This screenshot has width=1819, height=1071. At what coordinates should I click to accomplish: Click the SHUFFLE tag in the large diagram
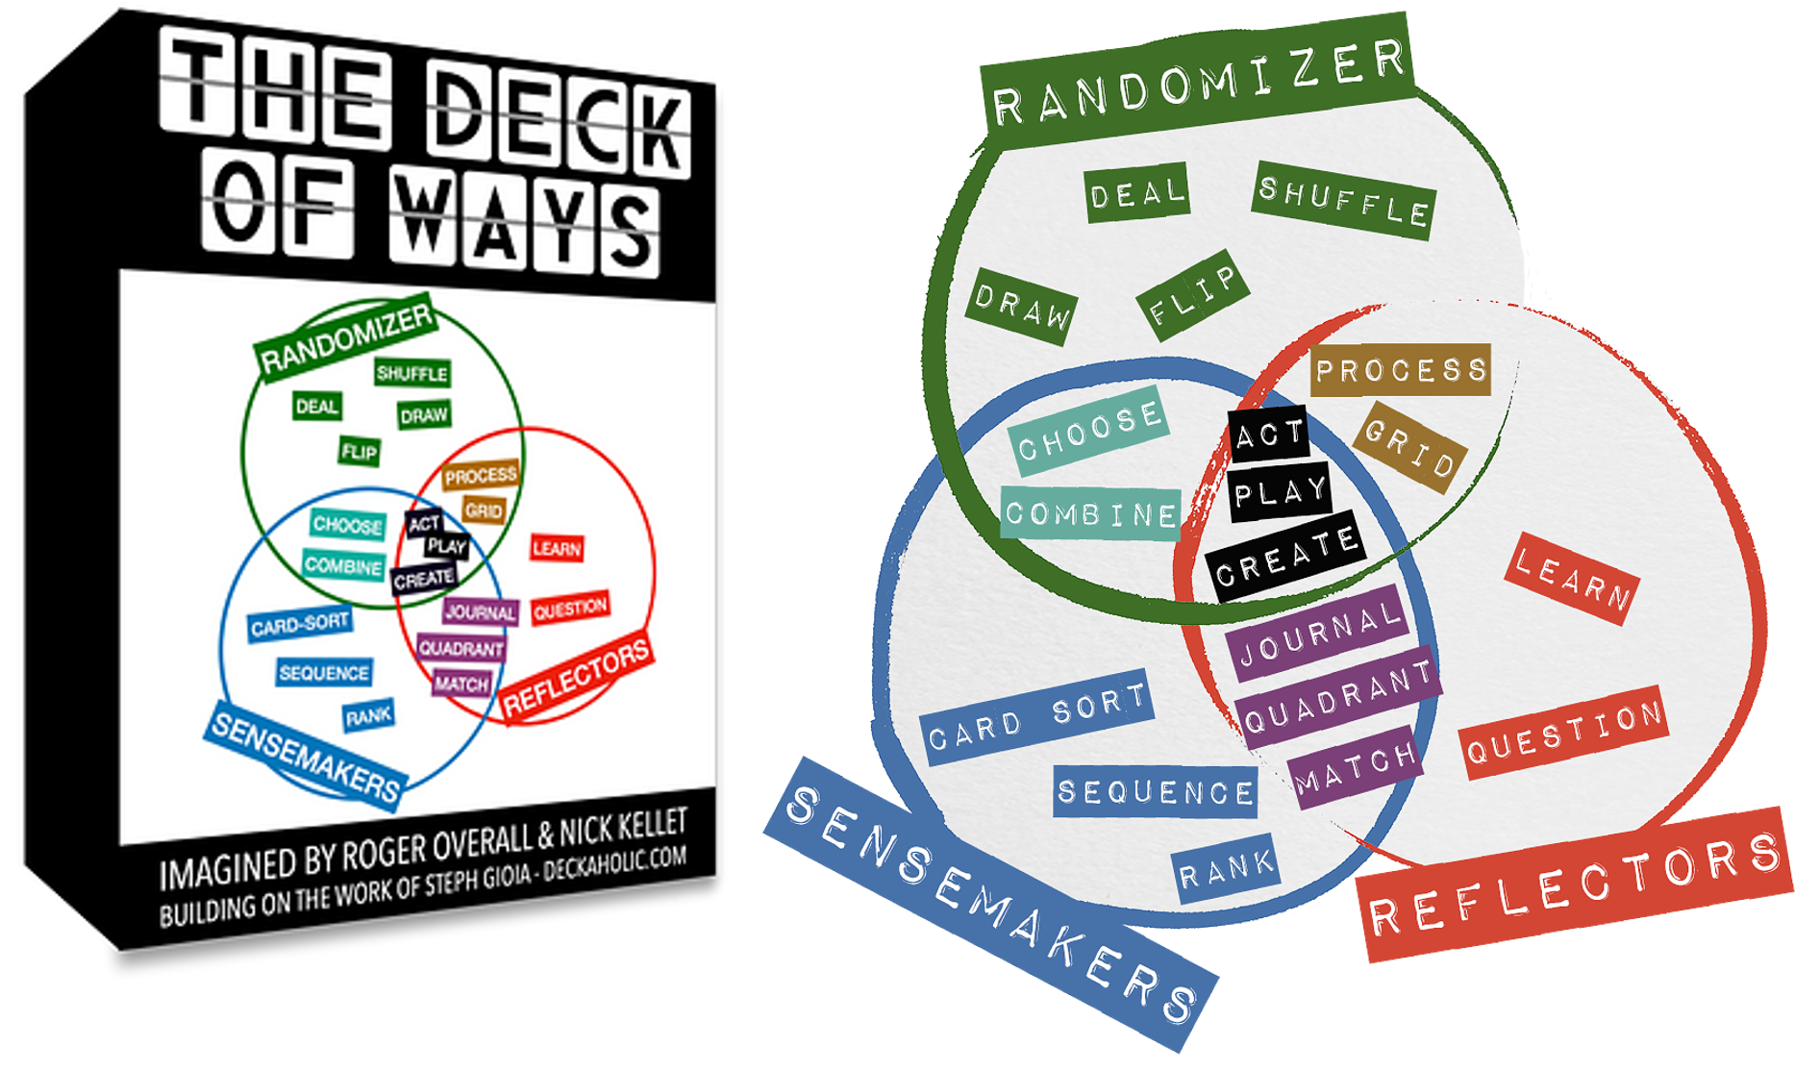1343,201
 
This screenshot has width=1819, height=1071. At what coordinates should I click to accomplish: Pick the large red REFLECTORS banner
1577,885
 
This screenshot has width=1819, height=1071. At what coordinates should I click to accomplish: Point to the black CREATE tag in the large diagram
1285,557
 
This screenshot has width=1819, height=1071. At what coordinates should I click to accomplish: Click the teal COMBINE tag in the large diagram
1091,514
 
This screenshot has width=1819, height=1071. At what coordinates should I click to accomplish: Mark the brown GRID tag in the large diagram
1409,447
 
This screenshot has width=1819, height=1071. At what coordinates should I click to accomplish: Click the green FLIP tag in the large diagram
1192,295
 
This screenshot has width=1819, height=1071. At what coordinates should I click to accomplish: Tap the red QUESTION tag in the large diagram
1564,732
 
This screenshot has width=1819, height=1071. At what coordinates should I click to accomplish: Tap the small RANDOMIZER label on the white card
347,339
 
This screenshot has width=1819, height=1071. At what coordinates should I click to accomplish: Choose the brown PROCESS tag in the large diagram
1401,370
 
